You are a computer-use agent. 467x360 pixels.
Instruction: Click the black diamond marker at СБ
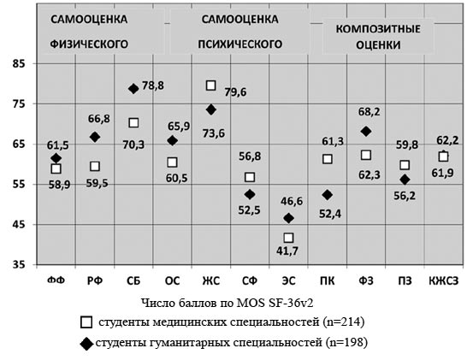(x=133, y=88)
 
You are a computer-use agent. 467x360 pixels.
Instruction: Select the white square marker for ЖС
(x=211, y=86)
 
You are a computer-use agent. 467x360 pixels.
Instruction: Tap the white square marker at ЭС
(x=288, y=238)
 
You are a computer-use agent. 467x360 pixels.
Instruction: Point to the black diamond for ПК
(x=328, y=195)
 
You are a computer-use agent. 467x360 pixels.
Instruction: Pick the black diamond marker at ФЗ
(x=366, y=132)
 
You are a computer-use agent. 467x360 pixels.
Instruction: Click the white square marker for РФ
(x=95, y=166)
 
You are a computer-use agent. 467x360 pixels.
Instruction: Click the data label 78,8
(x=153, y=86)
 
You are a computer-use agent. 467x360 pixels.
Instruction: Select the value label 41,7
(x=287, y=251)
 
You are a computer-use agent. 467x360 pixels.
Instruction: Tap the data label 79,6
(x=235, y=92)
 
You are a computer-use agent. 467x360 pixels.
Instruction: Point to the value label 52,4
(x=330, y=214)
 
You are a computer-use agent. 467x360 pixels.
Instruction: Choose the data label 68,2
(x=369, y=112)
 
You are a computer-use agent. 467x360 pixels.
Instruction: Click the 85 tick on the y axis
(x=19, y=63)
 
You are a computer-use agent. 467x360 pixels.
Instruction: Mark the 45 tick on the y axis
(x=19, y=224)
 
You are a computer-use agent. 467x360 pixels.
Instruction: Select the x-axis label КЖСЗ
(x=443, y=280)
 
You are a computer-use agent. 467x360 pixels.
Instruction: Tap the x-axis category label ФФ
(x=56, y=280)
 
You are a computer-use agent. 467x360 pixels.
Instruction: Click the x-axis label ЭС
(x=288, y=280)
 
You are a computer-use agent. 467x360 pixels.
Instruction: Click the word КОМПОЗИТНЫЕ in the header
(x=378, y=29)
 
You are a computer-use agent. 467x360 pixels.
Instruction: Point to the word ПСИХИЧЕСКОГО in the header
(x=240, y=44)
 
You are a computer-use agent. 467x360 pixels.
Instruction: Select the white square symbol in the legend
(x=86, y=322)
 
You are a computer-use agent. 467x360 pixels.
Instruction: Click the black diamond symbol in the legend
(x=86, y=344)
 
